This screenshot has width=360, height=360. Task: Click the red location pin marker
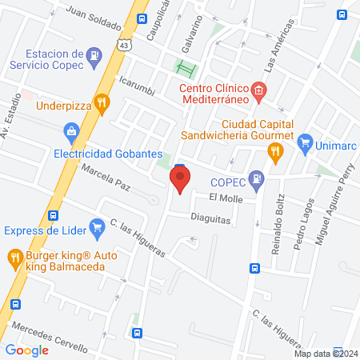180,178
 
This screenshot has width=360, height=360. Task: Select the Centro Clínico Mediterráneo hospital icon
258,90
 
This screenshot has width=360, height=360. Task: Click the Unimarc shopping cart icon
304,145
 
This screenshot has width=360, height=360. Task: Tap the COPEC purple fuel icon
255,178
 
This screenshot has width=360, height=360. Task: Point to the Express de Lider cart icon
98,226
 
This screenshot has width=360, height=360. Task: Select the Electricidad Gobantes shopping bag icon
72,130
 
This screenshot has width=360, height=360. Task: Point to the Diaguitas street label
210,216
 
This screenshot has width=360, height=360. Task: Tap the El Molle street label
225,197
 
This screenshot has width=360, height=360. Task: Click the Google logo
26,350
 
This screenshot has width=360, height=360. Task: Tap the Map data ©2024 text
326,354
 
